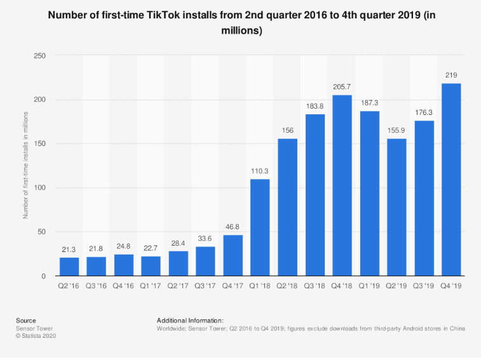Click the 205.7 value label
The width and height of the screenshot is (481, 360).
342,86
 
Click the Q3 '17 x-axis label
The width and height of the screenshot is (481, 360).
206,287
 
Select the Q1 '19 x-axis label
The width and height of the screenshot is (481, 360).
369,287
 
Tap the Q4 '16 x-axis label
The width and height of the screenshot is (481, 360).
124,287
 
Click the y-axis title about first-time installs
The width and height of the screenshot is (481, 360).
26,166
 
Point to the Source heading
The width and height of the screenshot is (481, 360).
26,321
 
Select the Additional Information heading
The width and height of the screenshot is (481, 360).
190,321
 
